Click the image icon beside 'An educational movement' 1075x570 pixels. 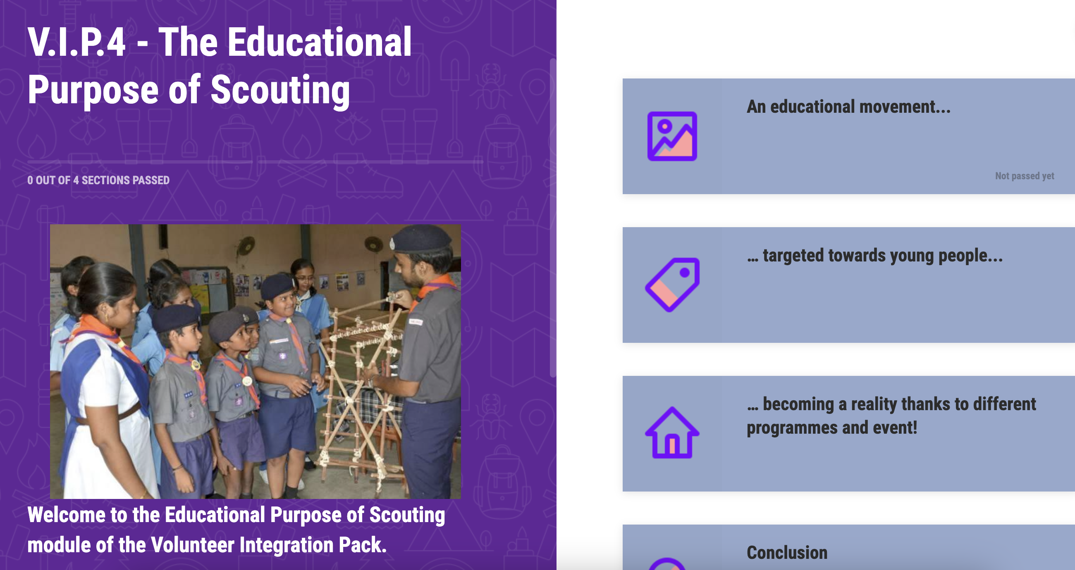[672, 136]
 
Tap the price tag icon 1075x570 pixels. [672, 285]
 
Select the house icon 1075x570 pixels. [672, 432]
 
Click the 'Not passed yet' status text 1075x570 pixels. [1025, 176]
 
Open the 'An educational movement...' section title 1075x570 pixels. [848, 107]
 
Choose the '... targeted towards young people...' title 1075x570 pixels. [875, 256]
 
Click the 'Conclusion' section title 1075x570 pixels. [787, 553]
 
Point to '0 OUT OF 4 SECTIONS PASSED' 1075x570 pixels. [98, 180]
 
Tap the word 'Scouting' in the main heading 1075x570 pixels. [280, 90]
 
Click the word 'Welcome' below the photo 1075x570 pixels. [66, 515]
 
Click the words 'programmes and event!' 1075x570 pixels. [832, 428]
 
